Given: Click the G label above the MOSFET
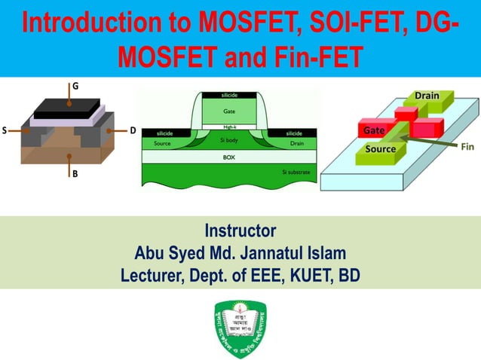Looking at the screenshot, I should point(74,86).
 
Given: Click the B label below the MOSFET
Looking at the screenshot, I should point(74,174).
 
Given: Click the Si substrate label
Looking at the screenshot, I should point(296,172).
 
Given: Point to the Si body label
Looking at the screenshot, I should point(229,141).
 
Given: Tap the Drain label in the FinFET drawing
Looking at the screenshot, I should point(427,96).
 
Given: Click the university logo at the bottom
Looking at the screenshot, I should point(240,328).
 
